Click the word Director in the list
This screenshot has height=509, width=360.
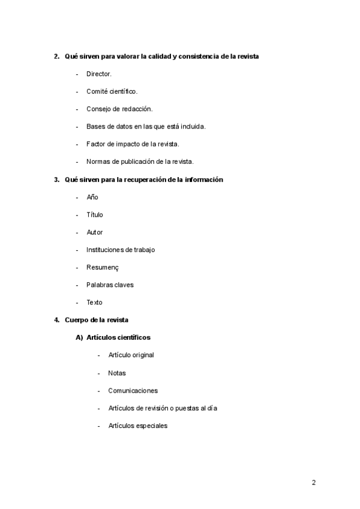coord(98,74)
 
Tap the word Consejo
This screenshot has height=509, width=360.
coord(98,109)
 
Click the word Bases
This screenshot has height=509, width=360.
coord(95,126)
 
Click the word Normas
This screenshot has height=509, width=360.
coord(98,161)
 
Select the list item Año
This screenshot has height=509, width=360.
coord(92,197)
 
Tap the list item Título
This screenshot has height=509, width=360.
coord(95,214)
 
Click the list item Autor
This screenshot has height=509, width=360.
coord(95,232)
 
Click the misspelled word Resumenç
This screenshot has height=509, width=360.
coord(103,267)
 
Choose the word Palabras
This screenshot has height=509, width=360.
coord(100,285)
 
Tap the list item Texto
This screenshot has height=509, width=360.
coord(95,303)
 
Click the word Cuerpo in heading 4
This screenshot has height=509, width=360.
coord(76,320)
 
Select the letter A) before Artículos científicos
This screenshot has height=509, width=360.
coord(79,337)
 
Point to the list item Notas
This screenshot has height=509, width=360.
coord(117,373)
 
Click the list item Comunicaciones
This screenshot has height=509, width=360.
coord(133,390)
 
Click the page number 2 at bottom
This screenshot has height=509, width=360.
coord(313,483)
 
